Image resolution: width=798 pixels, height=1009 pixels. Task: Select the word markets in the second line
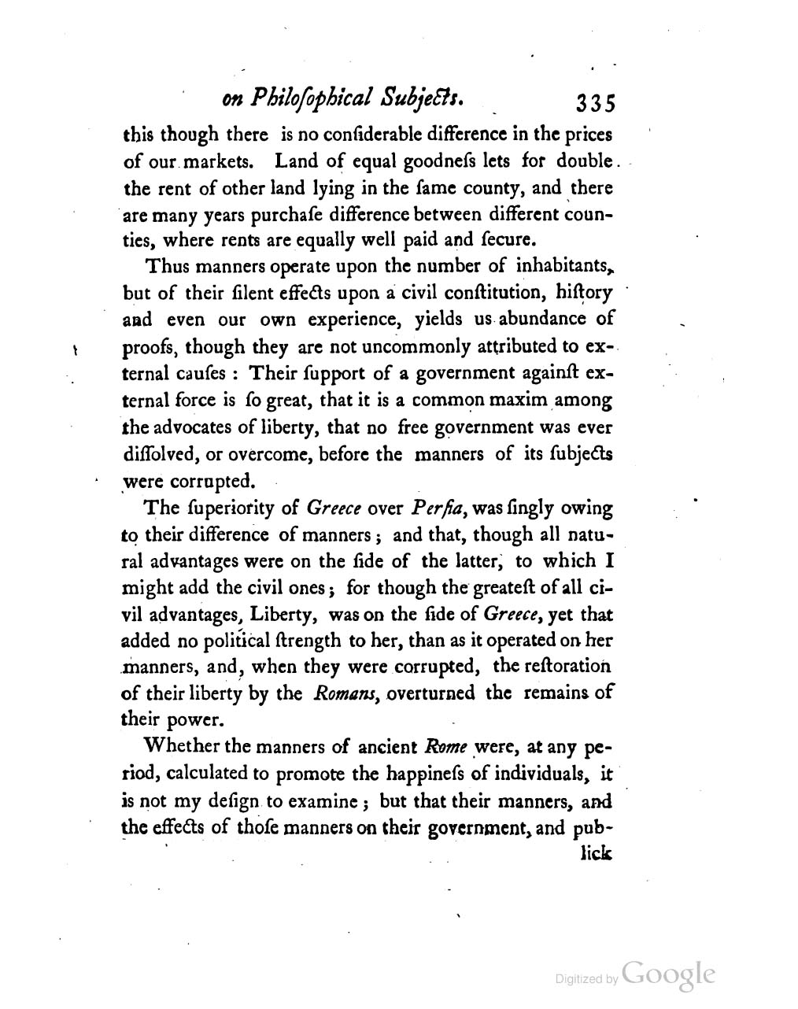(x=224, y=162)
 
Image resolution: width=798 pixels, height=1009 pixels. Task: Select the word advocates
(x=189, y=428)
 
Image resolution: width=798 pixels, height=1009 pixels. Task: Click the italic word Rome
(x=445, y=745)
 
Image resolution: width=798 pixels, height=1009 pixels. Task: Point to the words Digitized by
(x=586, y=979)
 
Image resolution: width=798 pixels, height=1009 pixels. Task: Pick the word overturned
(x=431, y=693)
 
